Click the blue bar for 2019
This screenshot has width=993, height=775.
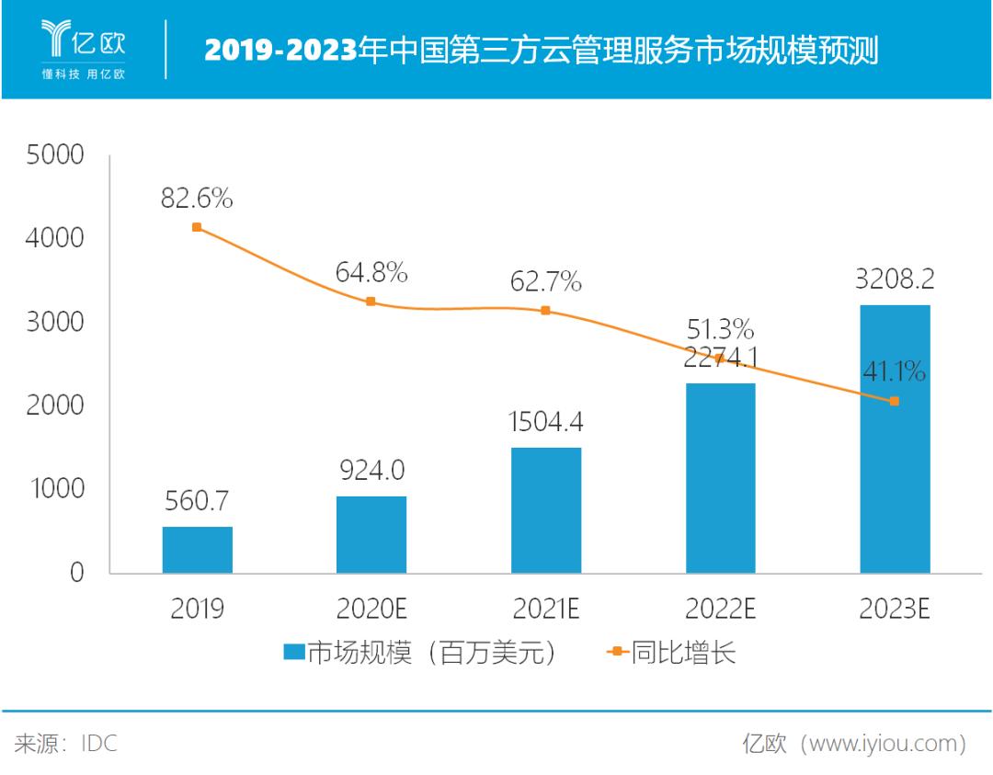click(197, 550)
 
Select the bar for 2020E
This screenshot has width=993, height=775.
click(371, 534)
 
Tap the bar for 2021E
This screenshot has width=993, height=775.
click(546, 510)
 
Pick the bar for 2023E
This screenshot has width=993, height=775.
click(895, 439)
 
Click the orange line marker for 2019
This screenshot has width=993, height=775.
click(197, 227)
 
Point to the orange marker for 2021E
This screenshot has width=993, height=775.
click(546, 311)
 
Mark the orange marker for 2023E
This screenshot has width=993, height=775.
click(895, 401)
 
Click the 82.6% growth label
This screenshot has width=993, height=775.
click(197, 198)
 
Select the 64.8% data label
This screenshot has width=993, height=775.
click(371, 273)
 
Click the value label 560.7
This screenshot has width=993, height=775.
click(197, 501)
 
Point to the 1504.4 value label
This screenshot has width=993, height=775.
click(546, 423)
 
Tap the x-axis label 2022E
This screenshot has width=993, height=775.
click(720, 610)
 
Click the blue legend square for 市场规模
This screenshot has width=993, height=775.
click(293, 653)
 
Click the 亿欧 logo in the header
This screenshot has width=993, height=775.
click(84, 46)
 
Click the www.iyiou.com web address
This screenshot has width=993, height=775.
click(884, 743)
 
